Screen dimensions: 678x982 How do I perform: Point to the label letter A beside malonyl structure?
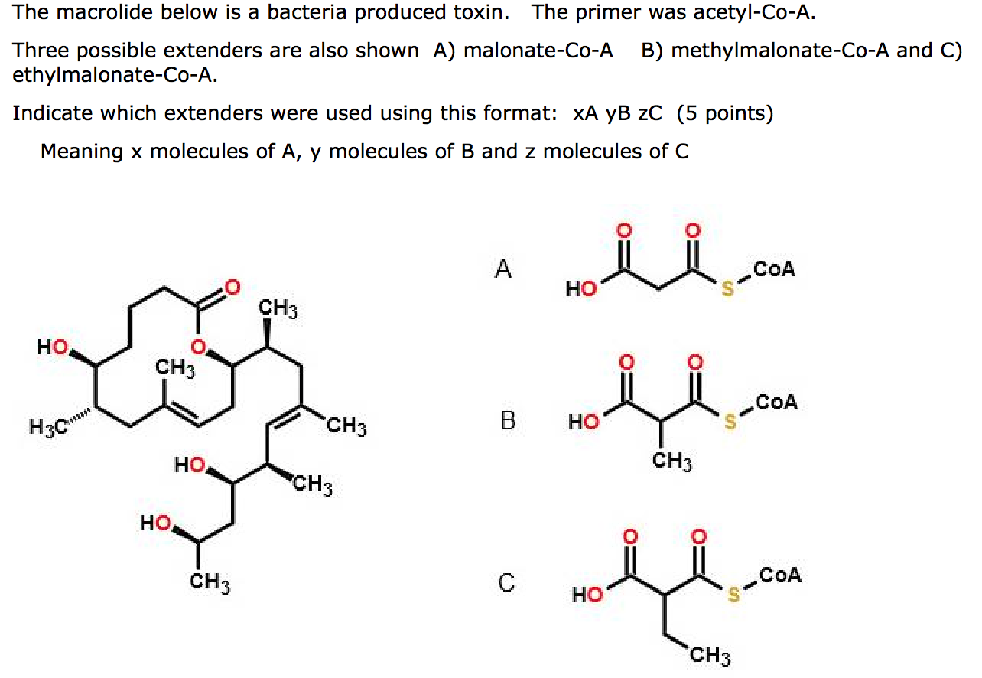click(502, 269)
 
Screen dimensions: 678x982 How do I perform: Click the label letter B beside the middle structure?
click(508, 421)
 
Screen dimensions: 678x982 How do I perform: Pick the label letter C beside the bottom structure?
click(506, 583)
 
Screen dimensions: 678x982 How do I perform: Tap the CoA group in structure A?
click(774, 269)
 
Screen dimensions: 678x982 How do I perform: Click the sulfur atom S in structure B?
click(730, 422)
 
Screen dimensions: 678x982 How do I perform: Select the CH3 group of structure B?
click(673, 461)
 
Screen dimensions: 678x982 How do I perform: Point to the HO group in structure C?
click(587, 595)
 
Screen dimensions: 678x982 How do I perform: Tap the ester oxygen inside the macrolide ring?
click(198, 347)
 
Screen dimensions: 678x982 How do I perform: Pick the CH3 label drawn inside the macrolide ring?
click(175, 369)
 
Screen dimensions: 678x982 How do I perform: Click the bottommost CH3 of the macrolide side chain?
click(210, 583)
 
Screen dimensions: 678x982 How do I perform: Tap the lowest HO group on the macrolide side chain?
click(155, 523)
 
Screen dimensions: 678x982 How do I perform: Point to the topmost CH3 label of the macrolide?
click(277, 309)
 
